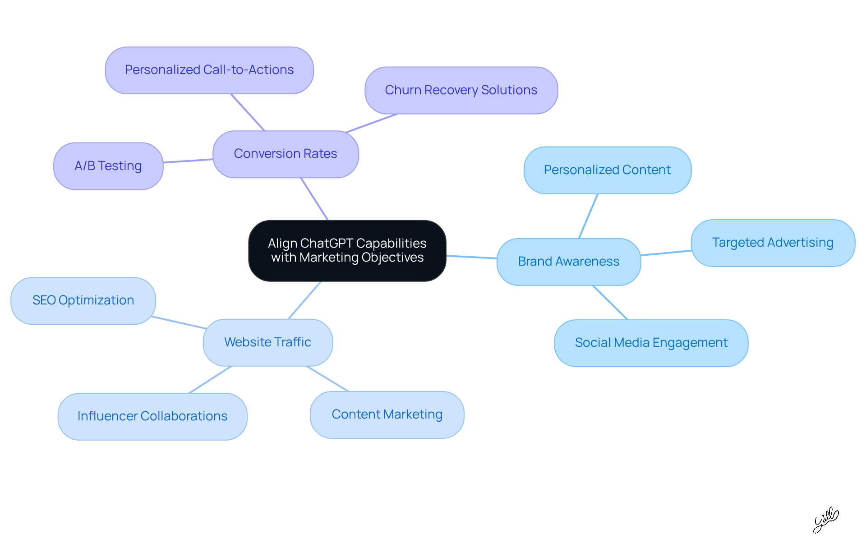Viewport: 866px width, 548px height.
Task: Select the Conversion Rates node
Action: click(286, 154)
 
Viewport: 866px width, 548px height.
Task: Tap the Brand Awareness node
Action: click(568, 262)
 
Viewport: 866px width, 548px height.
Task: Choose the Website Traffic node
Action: click(267, 342)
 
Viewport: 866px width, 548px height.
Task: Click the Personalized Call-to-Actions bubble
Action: click(209, 70)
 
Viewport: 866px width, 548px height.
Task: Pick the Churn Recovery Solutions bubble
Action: click(461, 90)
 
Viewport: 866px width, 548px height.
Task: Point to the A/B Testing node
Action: click(108, 166)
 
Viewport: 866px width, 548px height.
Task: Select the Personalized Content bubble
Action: click(607, 170)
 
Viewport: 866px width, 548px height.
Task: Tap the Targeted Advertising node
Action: click(773, 243)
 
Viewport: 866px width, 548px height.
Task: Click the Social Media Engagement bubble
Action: click(651, 343)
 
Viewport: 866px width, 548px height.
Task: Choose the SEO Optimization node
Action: click(83, 300)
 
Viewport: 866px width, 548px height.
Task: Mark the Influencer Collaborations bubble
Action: click(152, 416)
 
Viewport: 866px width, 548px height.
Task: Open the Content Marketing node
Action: click(387, 414)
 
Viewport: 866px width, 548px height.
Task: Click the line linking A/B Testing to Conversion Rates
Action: click(188, 161)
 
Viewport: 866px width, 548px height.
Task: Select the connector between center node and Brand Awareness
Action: click(471, 257)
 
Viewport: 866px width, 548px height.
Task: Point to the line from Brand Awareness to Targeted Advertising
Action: click(666, 253)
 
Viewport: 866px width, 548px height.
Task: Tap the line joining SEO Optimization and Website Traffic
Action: click(179, 322)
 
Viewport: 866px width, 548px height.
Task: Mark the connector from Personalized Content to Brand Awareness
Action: click(588, 216)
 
